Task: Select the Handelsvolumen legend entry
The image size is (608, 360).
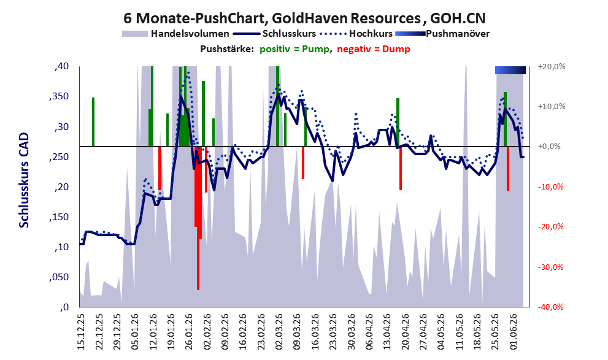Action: (x=175, y=34)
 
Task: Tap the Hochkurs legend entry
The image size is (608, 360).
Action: (x=356, y=34)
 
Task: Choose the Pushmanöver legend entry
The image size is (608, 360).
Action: (x=442, y=34)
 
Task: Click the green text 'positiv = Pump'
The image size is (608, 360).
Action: (x=294, y=49)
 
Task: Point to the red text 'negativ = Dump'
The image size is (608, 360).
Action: (x=374, y=49)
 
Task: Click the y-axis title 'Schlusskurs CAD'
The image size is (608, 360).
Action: (x=24, y=180)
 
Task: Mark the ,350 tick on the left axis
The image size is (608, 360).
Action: (x=59, y=96)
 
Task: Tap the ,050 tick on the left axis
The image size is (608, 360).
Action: (x=59, y=277)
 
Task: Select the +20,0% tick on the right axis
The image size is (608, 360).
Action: (x=552, y=67)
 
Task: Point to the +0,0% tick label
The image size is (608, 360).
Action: (x=549, y=147)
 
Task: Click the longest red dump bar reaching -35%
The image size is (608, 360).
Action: (x=198, y=218)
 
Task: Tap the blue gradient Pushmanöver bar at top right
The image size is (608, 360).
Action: (x=510, y=70)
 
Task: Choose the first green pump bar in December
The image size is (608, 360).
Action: (x=93, y=122)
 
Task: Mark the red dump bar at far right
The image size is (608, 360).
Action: (x=508, y=169)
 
